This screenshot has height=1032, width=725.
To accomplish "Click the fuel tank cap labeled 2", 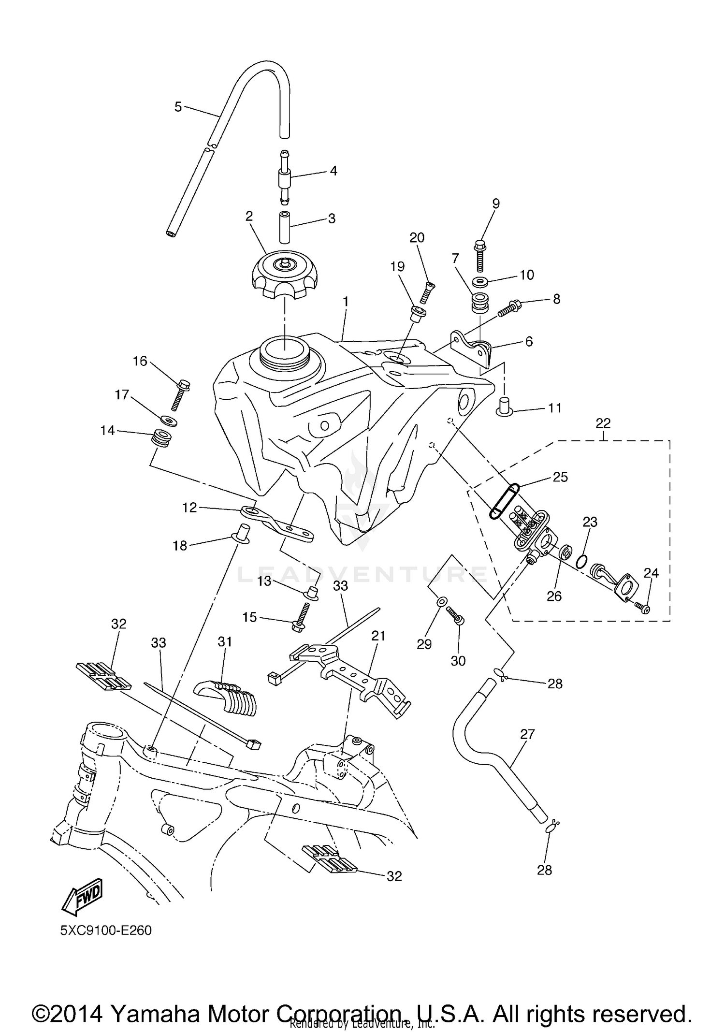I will point(283,275).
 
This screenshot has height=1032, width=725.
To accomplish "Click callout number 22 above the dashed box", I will point(603,423).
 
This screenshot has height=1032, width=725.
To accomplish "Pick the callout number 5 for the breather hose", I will point(178,107).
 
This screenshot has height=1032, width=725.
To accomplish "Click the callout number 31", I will point(225,642).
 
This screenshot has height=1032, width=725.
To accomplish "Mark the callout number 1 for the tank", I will point(346,302).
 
